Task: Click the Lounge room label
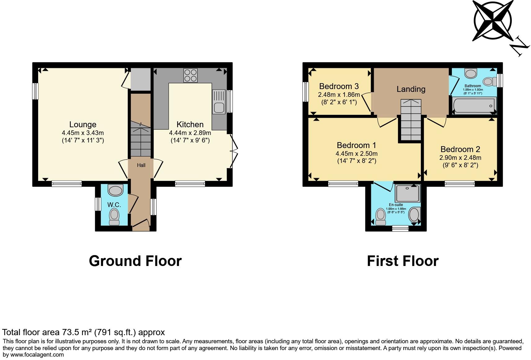(x=83, y=124)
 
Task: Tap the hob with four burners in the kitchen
(x=190, y=75)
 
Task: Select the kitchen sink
(x=219, y=101)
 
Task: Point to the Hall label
(x=141, y=165)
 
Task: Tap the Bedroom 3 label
(x=339, y=86)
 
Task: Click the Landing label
(x=411, y=89)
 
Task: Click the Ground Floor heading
(x=135, y=261)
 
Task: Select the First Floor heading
(x=402, y=261)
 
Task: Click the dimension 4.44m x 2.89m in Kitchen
(x=190, y=133)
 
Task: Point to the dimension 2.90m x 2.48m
(x=460, y=158)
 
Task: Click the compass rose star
(x=492, y=20)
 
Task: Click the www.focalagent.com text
(x=37, y=355)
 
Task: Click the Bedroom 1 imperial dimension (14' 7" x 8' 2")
(x=356, y=161)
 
